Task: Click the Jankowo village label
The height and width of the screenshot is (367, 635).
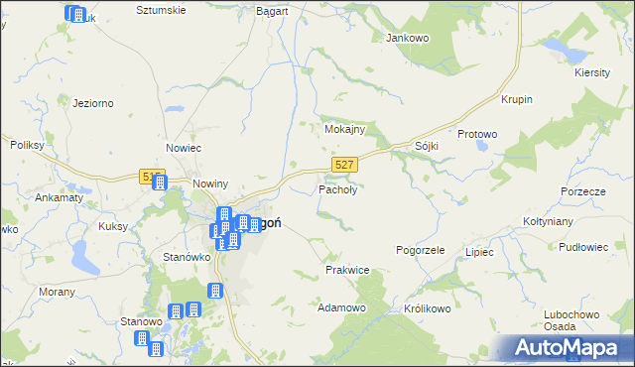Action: (x=405, y=38)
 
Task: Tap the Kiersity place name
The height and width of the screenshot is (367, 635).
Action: (x=593, y=72)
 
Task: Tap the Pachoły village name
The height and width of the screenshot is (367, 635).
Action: (x=337, y=188)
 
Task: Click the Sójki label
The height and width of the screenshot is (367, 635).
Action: (x=427, y=146)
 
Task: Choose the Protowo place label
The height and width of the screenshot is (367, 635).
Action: (x=476, y=134)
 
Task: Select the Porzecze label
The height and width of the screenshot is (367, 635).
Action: (x=582, y=191)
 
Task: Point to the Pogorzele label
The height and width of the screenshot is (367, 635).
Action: (x=420, y=251)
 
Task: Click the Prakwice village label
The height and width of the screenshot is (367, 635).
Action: (x=347, y=270)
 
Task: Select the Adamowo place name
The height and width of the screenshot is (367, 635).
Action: (x=341, y=308)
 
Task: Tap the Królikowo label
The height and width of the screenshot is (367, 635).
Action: (x=428, y=308)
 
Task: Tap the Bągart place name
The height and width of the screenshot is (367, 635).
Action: (x=271, y=10)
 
